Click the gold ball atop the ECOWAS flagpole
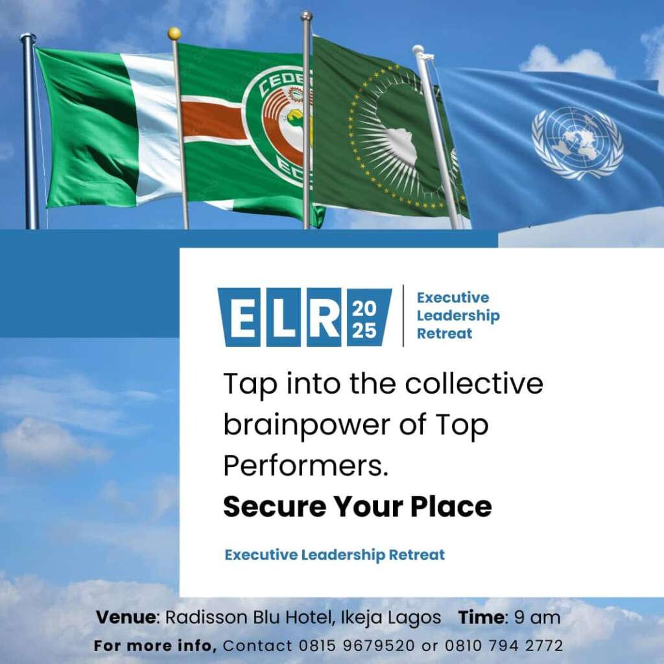click(x=174, y=34)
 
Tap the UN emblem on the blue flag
click(x=577, y=143)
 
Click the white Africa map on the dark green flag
click(x=403, y=146)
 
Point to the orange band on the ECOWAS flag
click(x=213, y=121)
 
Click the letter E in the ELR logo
click(x=241, y=317)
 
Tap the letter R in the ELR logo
click(x=324, y=317)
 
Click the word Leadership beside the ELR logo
click(x=458, y=316)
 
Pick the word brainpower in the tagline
click(x=307, y=425)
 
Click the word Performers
click(x=306, y=466)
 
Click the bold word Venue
click(x=126, y=617)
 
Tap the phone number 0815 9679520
click(x=357, y=646)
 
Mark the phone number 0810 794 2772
click(x=504, y=646)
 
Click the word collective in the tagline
click(x=474, y=383)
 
